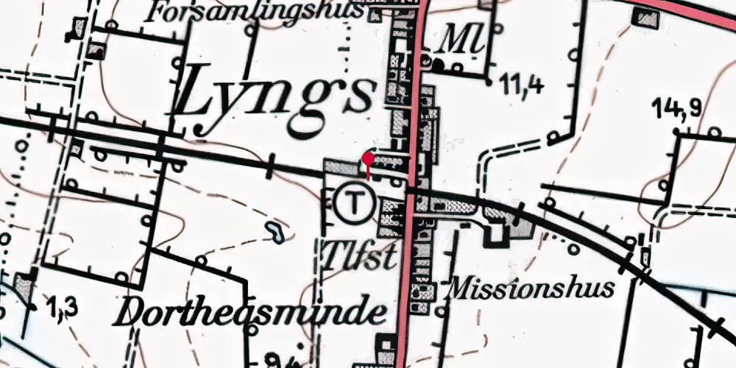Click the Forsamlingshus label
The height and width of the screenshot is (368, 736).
[x=254, y=12]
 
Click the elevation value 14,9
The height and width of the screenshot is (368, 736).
[x=676, y=110]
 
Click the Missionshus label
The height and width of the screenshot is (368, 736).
[x=530, y=288]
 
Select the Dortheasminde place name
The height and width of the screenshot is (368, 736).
[x=250, y=313]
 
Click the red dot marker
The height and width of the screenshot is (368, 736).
[x=367, y=158]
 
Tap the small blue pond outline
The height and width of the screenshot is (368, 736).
[x=276, y=233]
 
